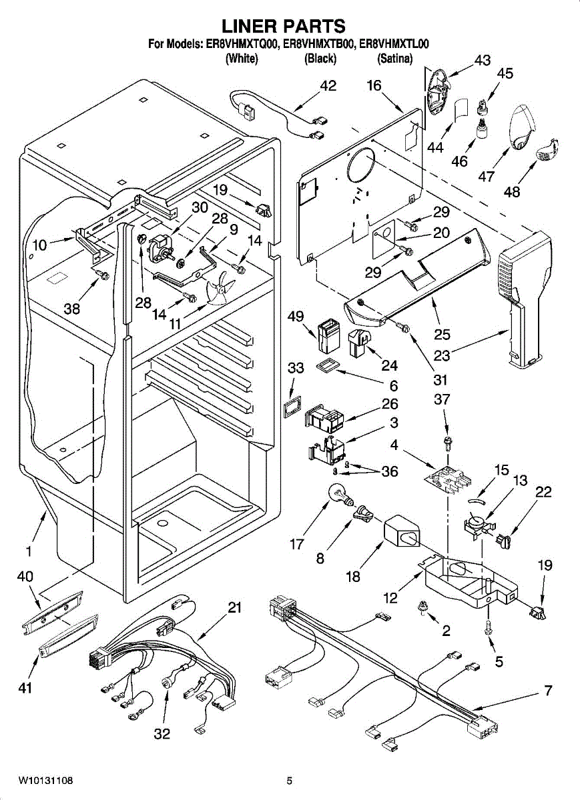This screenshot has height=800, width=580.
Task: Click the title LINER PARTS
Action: point(283,26)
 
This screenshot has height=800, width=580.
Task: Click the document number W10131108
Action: point(46,780)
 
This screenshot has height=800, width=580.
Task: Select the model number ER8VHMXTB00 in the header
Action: point(320,45)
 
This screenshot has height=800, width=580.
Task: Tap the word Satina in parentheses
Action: point(394,59)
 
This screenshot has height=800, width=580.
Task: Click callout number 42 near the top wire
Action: point(328,86)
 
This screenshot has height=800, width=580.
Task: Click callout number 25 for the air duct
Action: point(442,334)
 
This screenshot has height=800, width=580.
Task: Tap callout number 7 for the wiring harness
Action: point(547,691)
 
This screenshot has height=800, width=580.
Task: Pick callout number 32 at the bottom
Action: point(162,734)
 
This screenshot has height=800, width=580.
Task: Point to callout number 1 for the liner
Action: point(29,551)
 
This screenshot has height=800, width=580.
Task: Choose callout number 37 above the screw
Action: point(442,399)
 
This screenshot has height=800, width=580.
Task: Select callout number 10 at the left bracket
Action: point(39,245)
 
